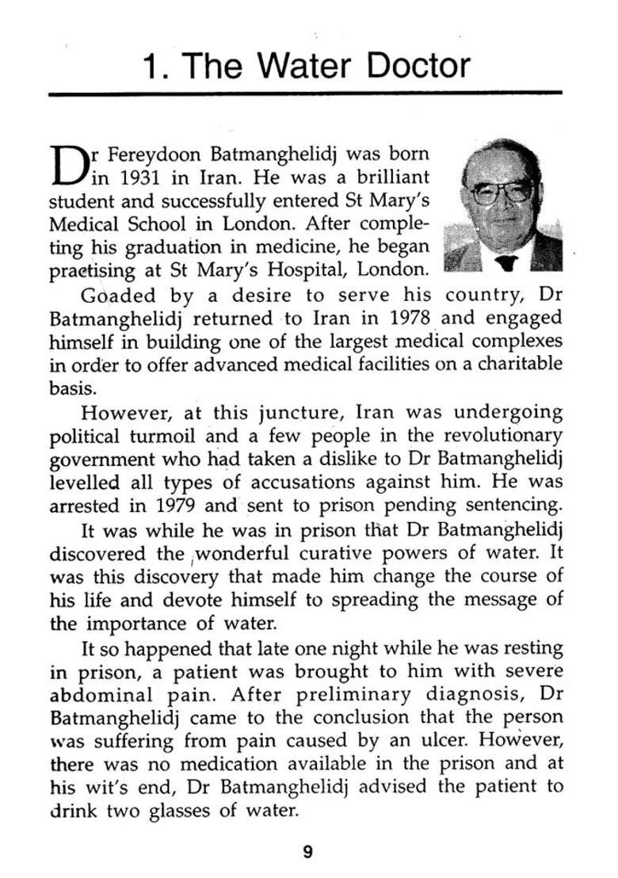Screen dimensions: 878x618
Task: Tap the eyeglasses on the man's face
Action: click(x=502, y=191)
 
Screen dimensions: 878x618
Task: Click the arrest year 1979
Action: click(x=176, y=505)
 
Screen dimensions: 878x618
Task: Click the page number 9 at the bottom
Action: click(x=308, y=852)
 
